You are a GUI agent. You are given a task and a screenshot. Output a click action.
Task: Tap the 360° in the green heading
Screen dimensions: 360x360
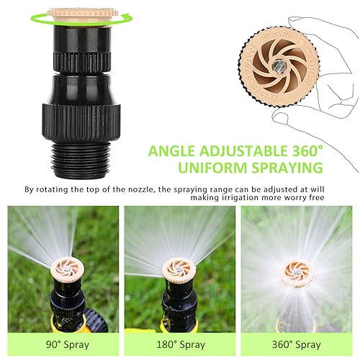pyautogui.click(x=297, y=151)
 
